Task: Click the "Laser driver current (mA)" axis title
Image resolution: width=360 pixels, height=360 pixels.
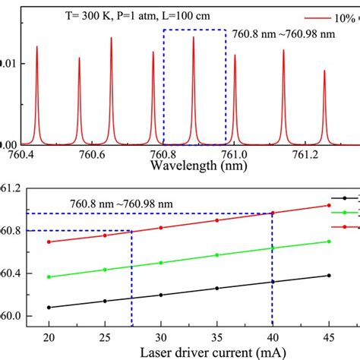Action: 188,352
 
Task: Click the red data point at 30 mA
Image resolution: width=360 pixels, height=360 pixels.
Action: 161,228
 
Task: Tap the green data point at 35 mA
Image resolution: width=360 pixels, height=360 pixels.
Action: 217,255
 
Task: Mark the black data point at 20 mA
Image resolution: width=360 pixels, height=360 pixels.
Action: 49,308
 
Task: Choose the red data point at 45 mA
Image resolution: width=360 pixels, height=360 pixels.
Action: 329,205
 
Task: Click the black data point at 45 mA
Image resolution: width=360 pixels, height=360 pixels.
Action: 329,276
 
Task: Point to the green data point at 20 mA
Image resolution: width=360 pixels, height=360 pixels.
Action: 49,277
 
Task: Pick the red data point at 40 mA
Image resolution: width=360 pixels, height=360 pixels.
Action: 273,213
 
